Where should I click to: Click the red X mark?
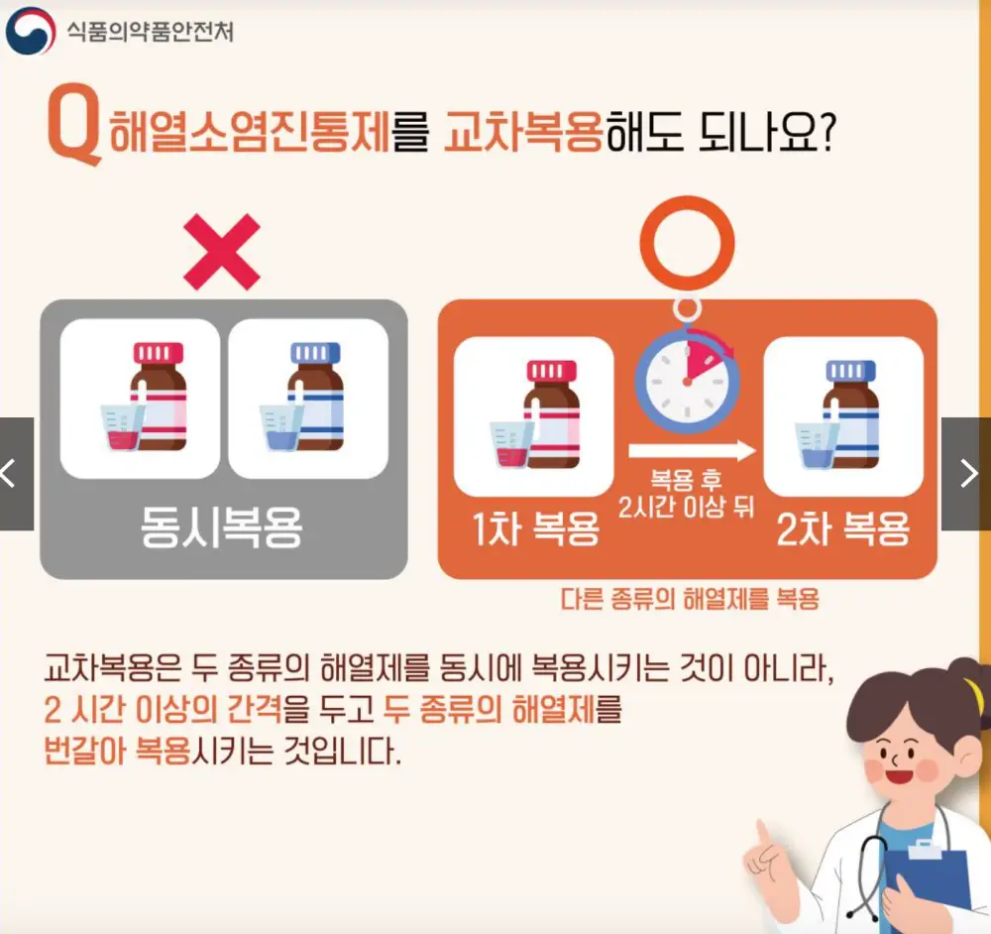pos(221,252)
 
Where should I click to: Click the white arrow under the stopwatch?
pos(692,451)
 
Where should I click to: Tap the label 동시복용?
pos(222,529)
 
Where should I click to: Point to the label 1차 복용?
pos(535,530)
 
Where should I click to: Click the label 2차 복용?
pos(843,530)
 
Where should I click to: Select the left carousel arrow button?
pos(14,474)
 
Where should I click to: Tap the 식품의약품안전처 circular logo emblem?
pos(30,30)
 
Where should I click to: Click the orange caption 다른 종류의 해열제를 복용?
pos(690,599)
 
